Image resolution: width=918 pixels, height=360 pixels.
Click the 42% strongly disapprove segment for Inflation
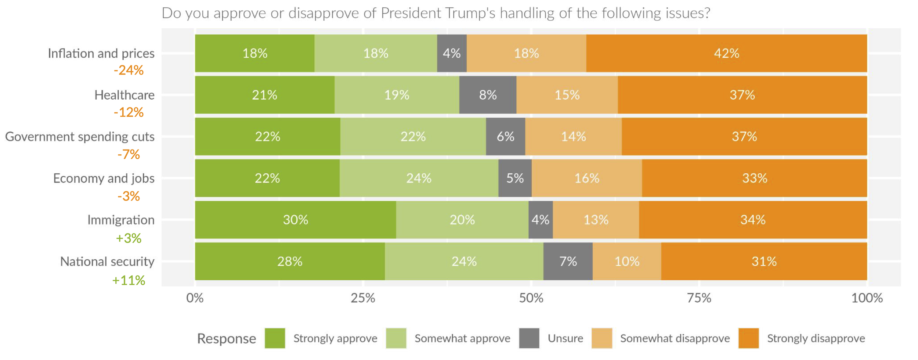(x=726, y=53)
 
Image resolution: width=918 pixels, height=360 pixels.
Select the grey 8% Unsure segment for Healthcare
(x=488, y=95)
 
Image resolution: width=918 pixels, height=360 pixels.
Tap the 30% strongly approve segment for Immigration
(x=295, y=220)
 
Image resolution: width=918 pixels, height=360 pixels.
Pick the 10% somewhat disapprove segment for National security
(x=627, y=261)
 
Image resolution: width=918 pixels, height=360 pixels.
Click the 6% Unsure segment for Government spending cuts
(x=505, y=137)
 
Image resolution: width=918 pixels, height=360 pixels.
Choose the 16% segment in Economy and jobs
(x=587, y=178)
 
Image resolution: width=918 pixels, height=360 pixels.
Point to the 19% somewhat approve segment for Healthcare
(x=397, y=95)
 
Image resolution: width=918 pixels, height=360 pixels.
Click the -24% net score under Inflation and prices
(x=129, y=70)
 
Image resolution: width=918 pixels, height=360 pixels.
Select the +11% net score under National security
(x=129, y=280)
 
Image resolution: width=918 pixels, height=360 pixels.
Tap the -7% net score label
(x=129, y=154)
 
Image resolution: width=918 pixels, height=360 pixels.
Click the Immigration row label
(x=121, y=220)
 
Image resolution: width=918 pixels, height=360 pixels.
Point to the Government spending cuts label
(x=80, y=137)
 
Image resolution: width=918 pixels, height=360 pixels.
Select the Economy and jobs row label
(x=104, y=178)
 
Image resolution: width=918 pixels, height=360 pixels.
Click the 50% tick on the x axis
(x=531, y=298)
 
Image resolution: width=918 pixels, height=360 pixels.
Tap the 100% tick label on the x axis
(x=867, y=298)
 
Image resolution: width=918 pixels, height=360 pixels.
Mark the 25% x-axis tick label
(x=363, y=298)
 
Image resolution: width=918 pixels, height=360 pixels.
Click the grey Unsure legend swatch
(x=529, y=338)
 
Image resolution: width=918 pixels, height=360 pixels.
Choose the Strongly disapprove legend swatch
(x=748, y=338)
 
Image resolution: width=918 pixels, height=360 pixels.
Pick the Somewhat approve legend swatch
(x=396, y=338)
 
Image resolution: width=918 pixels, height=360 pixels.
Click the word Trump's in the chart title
(x=470, y=13)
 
